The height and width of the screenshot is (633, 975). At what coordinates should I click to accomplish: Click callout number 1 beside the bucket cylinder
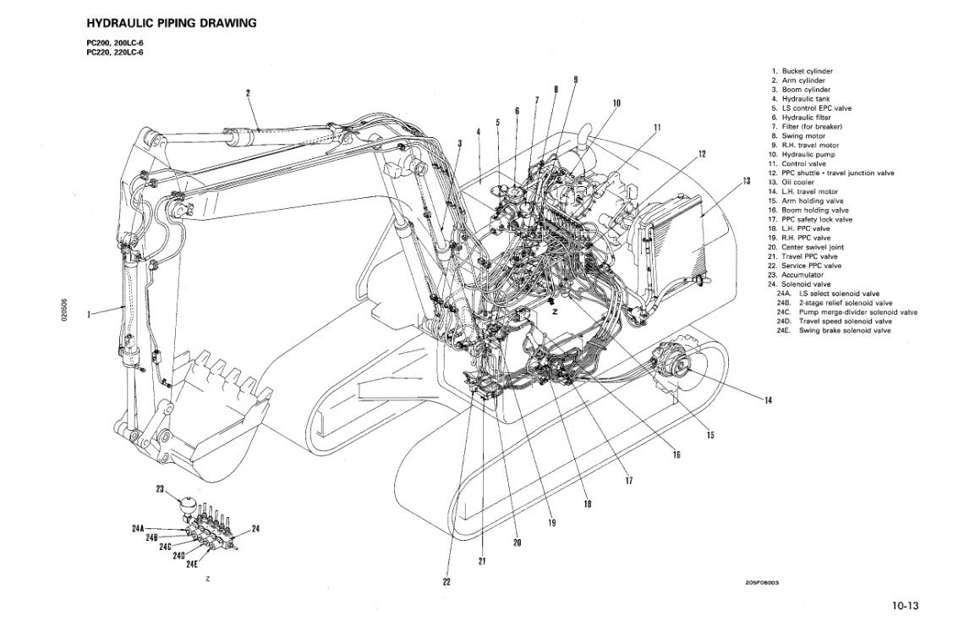coord(89,315)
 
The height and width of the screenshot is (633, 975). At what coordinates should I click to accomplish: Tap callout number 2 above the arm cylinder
coord(248,93)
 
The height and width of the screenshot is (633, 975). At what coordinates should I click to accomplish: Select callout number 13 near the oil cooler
coord(746,181)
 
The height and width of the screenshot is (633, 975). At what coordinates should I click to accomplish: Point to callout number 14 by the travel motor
coord(768,400)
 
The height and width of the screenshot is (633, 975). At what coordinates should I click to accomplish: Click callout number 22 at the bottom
coord(446,581)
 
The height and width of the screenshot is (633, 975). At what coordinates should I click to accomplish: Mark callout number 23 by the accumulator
coord(160,489)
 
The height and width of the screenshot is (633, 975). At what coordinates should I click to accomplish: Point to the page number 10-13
coord(904,605)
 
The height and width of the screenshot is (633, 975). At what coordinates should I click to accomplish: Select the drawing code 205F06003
coord(761,582)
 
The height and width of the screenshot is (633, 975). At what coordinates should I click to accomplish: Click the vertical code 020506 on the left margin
coord(63,306)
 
